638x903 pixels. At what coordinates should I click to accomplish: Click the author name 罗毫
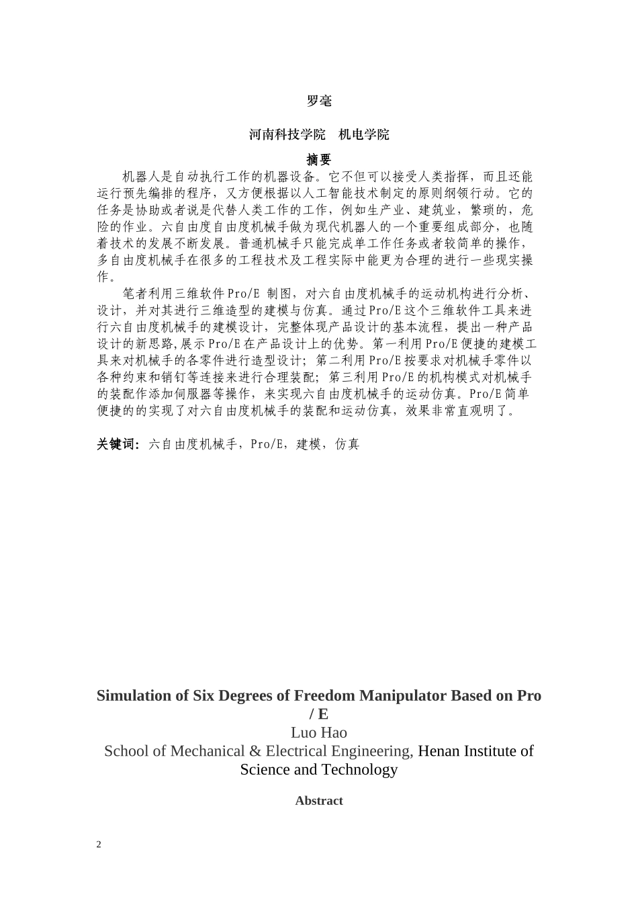(319, 101)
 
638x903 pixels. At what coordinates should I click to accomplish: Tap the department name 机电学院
(363, 134)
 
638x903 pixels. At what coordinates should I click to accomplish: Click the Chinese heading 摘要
(319, 159)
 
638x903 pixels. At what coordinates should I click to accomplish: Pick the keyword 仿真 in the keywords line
(347, 444)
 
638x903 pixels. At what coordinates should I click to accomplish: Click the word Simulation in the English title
(134, 695)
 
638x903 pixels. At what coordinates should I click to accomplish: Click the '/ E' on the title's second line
(319, 714)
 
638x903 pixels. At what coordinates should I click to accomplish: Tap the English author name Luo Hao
(319, 732)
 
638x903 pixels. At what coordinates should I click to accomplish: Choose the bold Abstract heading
(319, 801)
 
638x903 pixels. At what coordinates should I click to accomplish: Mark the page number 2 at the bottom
(99, 845)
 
